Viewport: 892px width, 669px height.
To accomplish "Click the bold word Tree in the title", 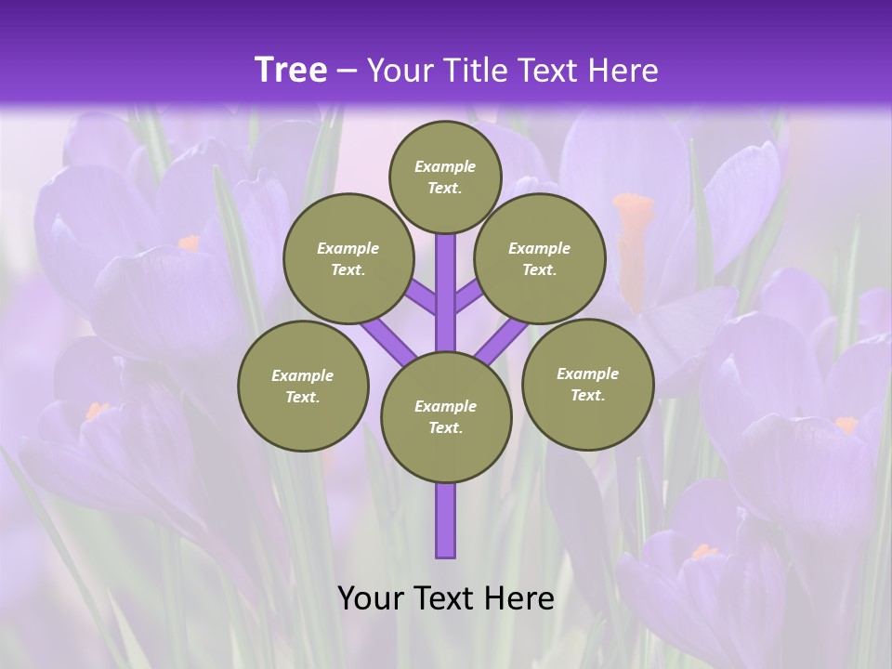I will coord(291,71).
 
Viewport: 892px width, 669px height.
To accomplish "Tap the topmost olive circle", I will coord(445,177).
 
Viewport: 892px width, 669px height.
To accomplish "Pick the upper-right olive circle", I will coord(539,258).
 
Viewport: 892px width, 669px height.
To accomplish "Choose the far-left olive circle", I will coord(303,386).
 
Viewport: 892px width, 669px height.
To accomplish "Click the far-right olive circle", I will coord(587,384).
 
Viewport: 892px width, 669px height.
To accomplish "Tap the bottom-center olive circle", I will coord(446,417).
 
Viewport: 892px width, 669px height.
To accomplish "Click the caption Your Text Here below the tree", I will coord(446,598).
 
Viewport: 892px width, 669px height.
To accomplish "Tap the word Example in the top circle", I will coord(445,166).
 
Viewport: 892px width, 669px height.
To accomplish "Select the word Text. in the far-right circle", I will coord(587,395).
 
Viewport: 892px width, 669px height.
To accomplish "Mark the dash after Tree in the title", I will coord(347,71).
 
